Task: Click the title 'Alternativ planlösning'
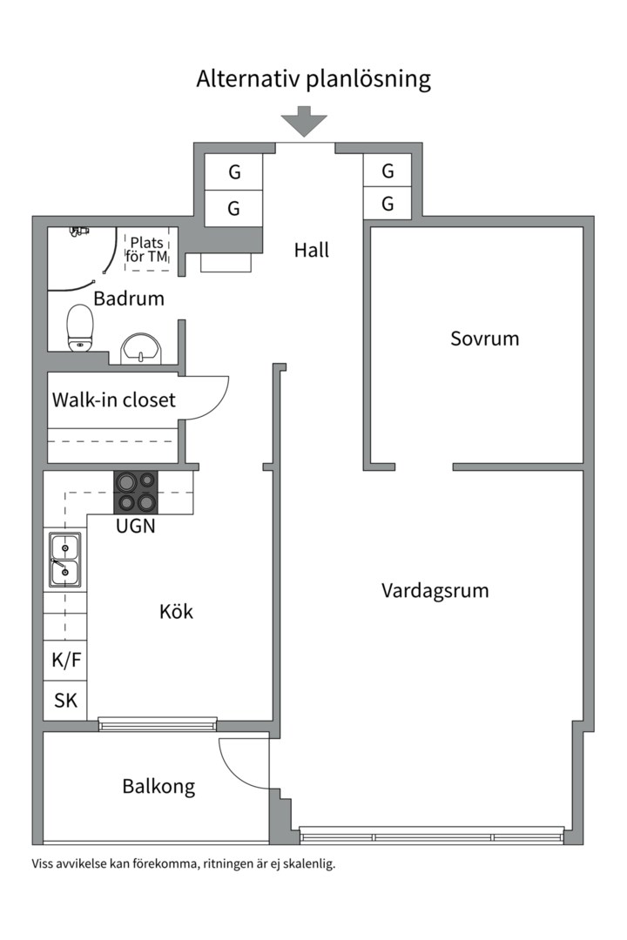click(313, 79)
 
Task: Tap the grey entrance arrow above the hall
click(304, 121)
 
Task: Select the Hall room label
click(311, 250)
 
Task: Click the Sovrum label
click(484, 338)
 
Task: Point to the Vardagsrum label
click(435, 590)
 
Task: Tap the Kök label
click(176, 611)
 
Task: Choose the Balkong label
click(158, 787)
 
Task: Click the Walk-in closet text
click(113, 399)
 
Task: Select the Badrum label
click(129, 299)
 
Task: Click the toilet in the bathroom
click(80, 327)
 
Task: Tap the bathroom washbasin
click(140, 347)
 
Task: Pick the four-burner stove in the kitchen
click(135, 492)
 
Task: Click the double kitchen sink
click(65, 560)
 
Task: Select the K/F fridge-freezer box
click(66, 661)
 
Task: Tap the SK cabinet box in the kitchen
click(66, 701)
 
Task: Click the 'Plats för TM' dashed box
click(148, 249)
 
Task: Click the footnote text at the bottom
click(183, 864)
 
